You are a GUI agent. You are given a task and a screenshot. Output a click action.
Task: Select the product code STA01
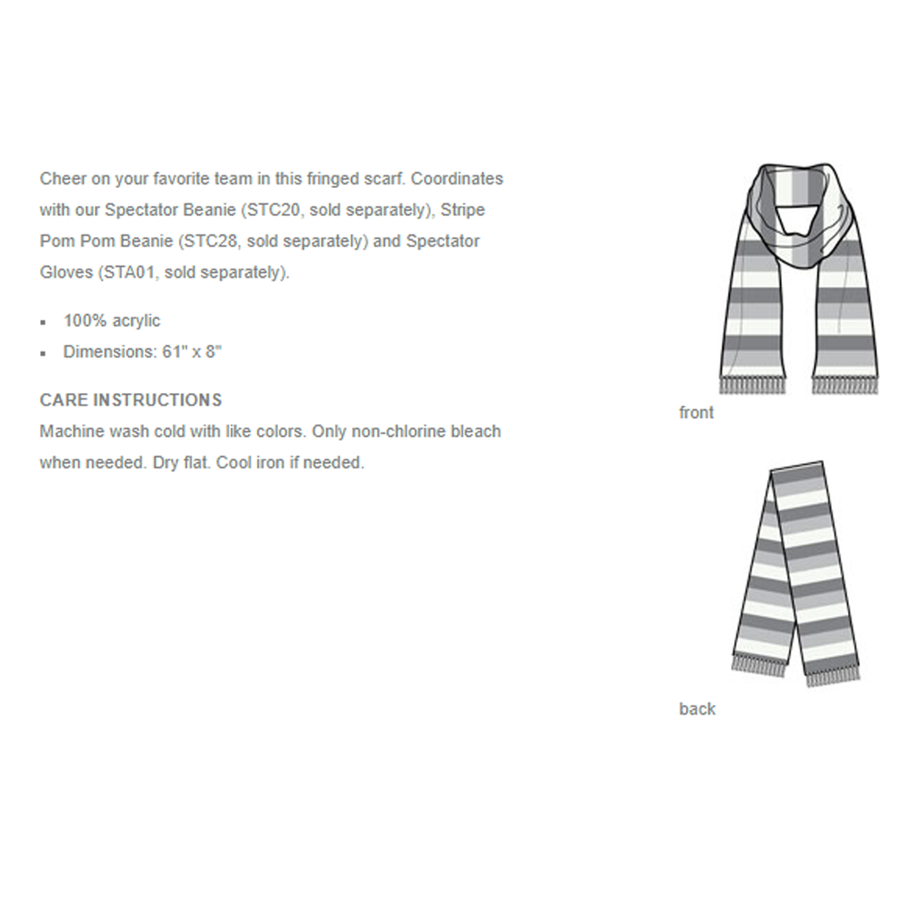coord(128,272)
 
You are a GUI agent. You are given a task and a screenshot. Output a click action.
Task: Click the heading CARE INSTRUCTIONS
coord(131,399)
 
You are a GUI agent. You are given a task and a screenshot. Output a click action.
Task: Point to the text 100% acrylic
coord(112,321)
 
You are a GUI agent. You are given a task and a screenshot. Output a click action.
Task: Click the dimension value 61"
coord(173,352)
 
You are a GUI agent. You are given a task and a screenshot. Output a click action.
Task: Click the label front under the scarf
coord(697,413)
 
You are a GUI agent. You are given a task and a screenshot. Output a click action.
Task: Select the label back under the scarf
coord(697,709)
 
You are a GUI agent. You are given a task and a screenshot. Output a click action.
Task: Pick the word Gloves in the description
coord(64,272)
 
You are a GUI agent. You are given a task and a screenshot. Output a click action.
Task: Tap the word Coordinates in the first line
coord(457,178)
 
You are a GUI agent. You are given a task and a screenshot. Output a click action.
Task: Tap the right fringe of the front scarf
coord(844,386)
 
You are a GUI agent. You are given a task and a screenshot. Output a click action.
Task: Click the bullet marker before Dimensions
coord(43,353)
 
